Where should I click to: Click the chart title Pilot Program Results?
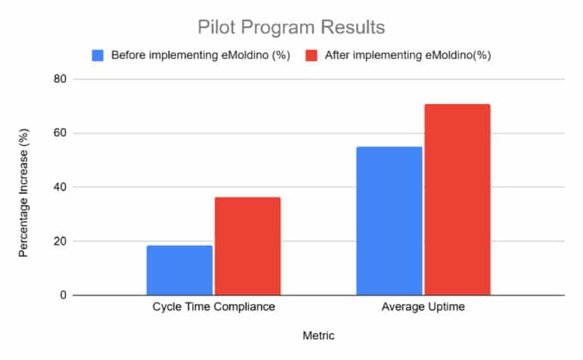click(x=291, y=28)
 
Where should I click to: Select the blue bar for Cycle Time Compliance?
click(x=180, y=270)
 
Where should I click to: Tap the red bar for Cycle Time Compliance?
click(x=247, y=246)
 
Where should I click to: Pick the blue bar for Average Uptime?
click(x=389, y=221)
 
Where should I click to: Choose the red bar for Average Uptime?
click(x=457, y=200)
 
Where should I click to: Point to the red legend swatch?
click(x=311, y=55)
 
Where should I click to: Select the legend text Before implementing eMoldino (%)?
click(x=201, y=55)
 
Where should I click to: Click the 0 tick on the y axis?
click(x=62, y=295)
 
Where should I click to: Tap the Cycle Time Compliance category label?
click(x=213, y=308)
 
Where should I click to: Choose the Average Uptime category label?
click(x=424, y=308)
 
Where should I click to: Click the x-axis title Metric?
click(x=318, y=335)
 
